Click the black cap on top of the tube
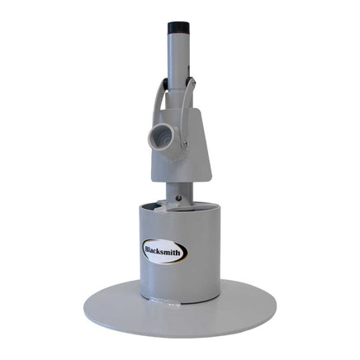(x=178, y=28)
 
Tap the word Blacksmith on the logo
(x=163, y=252)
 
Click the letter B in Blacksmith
(x=148, y=250)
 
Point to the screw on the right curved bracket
(x=185, y=143)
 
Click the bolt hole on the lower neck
(x=179, y=197)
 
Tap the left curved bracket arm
(x=159, y=99)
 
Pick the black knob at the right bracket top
(x=191, y=80)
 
